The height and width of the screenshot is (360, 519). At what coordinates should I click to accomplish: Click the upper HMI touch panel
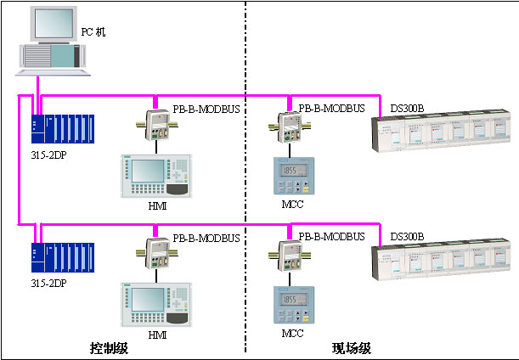[156, 176]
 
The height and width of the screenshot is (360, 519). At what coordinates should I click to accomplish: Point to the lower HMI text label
[157, 335]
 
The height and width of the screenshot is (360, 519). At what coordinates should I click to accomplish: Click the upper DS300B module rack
[443, 132]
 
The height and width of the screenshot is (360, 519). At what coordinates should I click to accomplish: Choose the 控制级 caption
[108, 348]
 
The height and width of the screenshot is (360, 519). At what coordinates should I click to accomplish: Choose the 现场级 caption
[351, 348]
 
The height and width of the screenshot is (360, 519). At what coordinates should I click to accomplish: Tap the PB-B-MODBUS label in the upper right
[331, 108]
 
